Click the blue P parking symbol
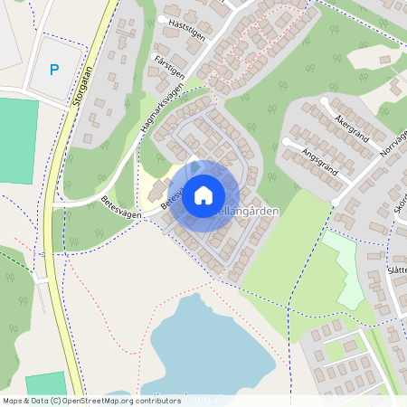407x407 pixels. click(53, 69)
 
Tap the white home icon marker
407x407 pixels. click(203, 194)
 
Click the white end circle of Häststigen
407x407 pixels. click(162, 19)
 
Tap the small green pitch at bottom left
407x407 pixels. click(45, 383)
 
